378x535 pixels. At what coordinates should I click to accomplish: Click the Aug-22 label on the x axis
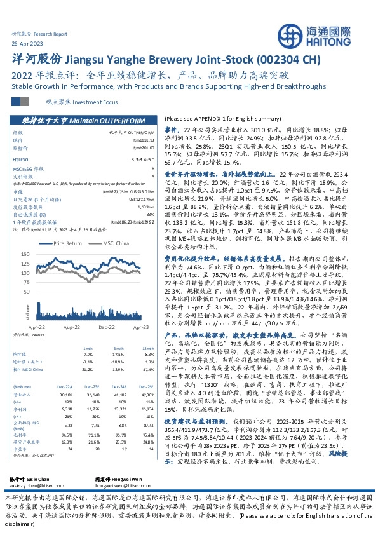coord(71,325)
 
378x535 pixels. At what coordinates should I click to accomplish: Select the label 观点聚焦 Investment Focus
coord(74,101)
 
